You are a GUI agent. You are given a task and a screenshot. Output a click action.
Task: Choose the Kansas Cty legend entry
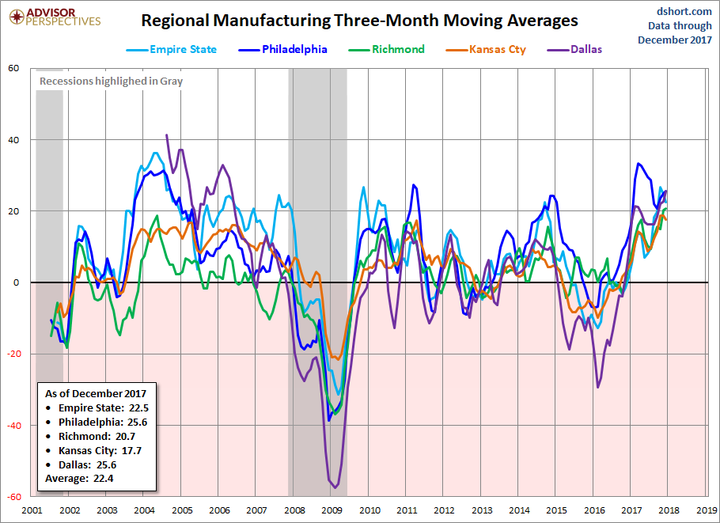point(486,50)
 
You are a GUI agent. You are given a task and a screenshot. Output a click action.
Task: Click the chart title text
point(359,21)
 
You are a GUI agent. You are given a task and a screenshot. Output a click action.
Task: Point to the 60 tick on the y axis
point(13,68)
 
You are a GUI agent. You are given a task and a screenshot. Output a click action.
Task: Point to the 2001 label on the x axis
point(32,511)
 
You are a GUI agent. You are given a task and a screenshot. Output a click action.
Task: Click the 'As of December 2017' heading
point(96,393)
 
